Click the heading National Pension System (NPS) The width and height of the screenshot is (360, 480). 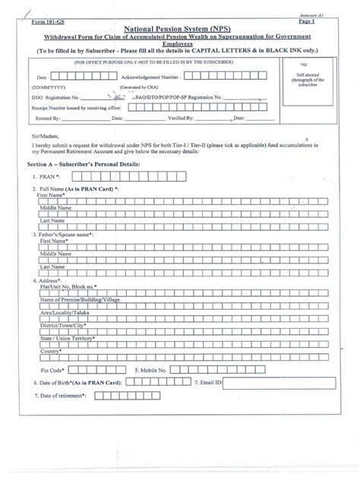click(180, 25)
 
